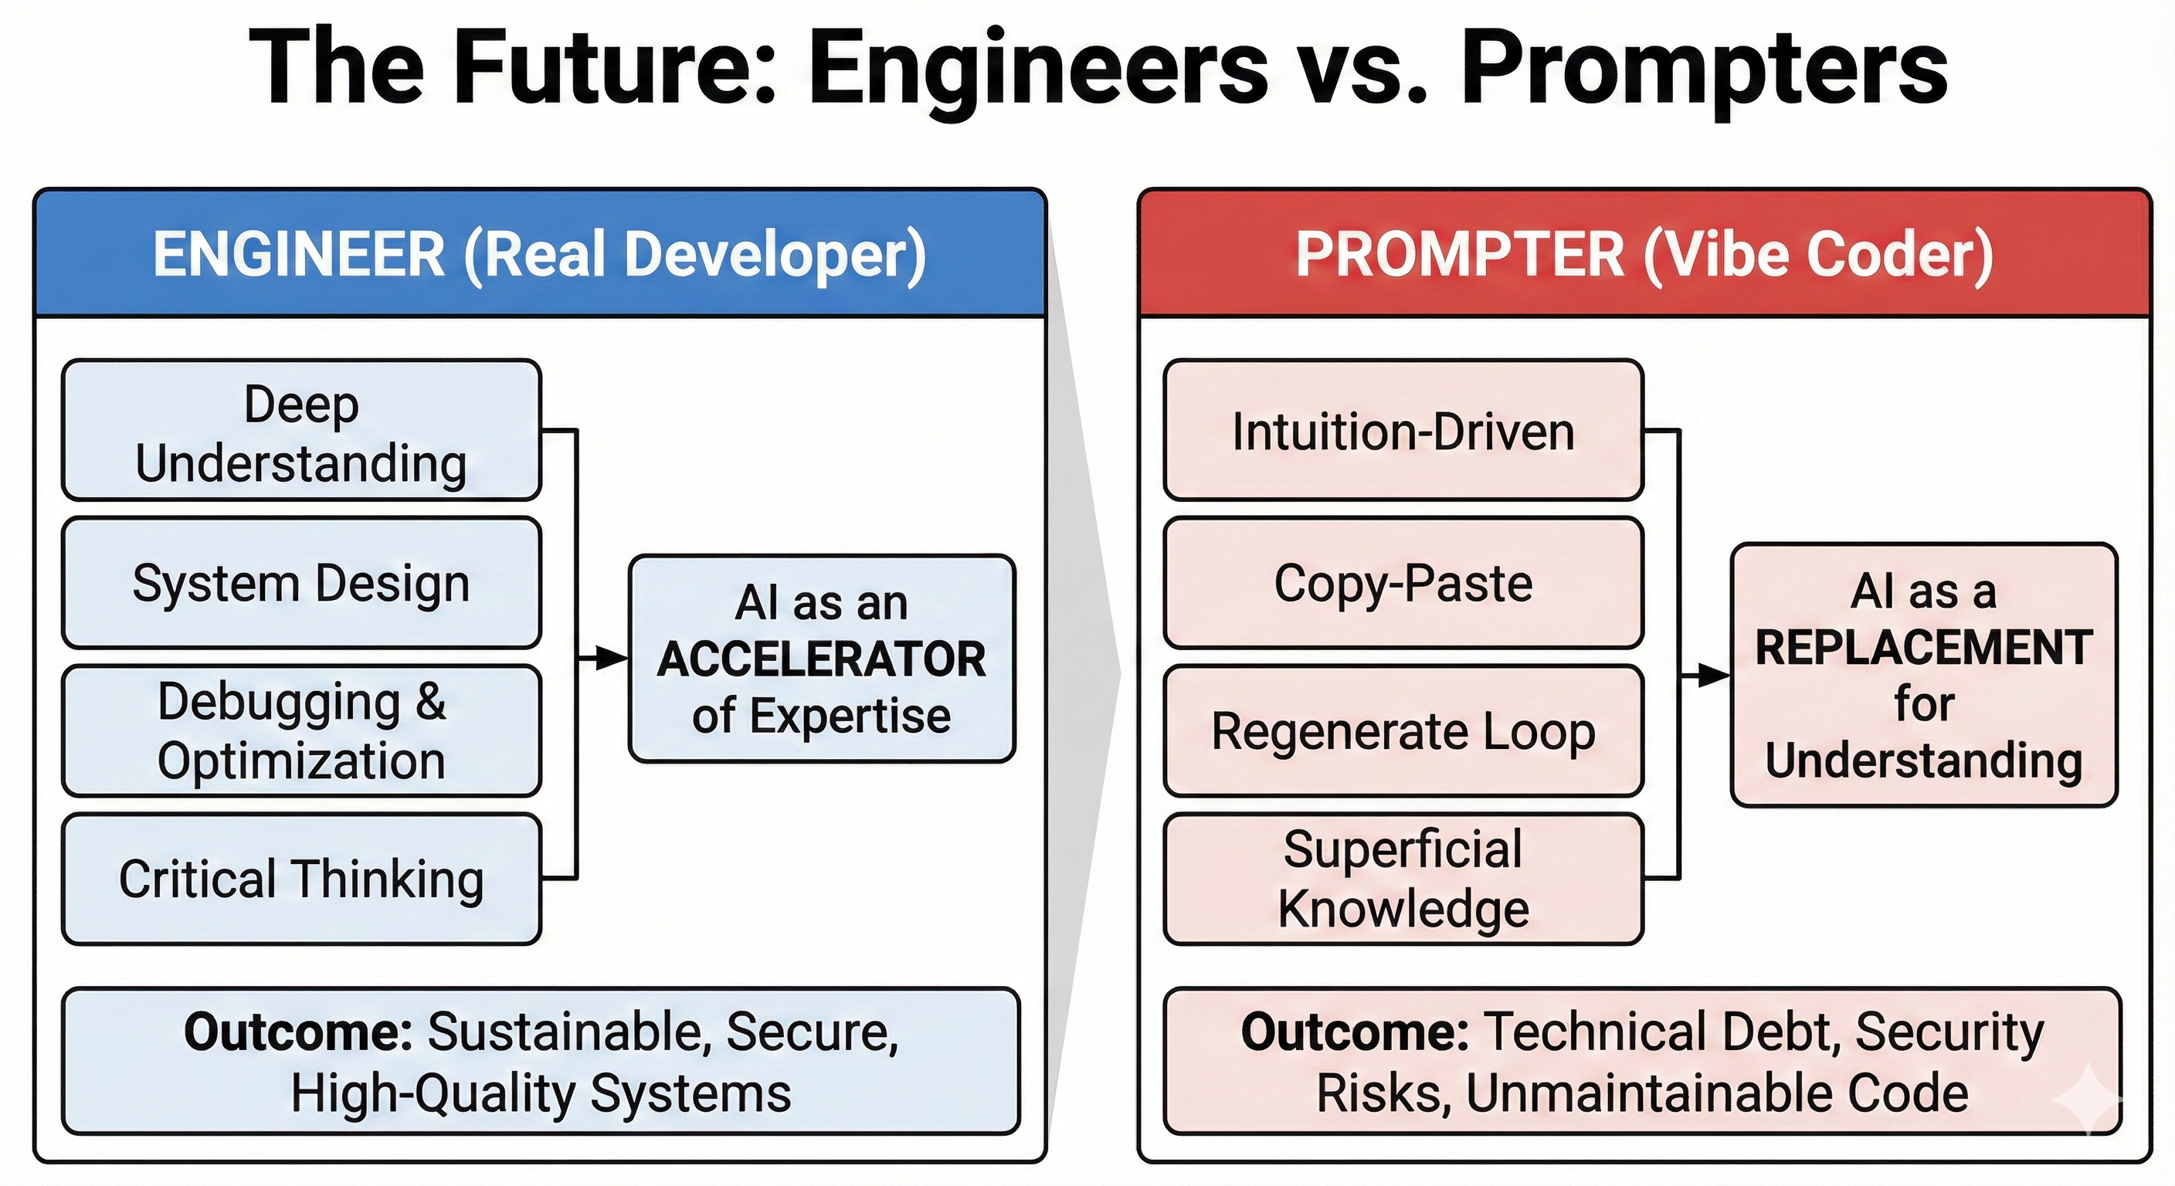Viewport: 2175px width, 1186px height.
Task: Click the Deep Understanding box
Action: [x=301, y=431]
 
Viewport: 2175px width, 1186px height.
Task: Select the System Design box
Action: [x=301, y=583]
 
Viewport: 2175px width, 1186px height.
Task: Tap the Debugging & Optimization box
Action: [x=301, y=731]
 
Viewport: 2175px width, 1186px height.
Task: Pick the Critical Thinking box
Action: [x=301, y=879]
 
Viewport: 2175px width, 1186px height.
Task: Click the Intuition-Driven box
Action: [x=1403, y=431]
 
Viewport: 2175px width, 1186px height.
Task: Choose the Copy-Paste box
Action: [x=1403, y=583]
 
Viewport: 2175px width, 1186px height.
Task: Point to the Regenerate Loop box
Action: [x=1403, y=731]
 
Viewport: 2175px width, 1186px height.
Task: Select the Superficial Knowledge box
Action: [x=1403, y=879]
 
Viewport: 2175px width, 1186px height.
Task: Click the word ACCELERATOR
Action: [x=822, y=659]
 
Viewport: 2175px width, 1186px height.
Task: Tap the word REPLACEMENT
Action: [x=1923, y=649]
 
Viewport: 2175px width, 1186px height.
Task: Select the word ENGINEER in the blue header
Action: [x=299, y=254]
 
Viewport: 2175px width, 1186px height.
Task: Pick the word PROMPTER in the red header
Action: [x=1460, y=254]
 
